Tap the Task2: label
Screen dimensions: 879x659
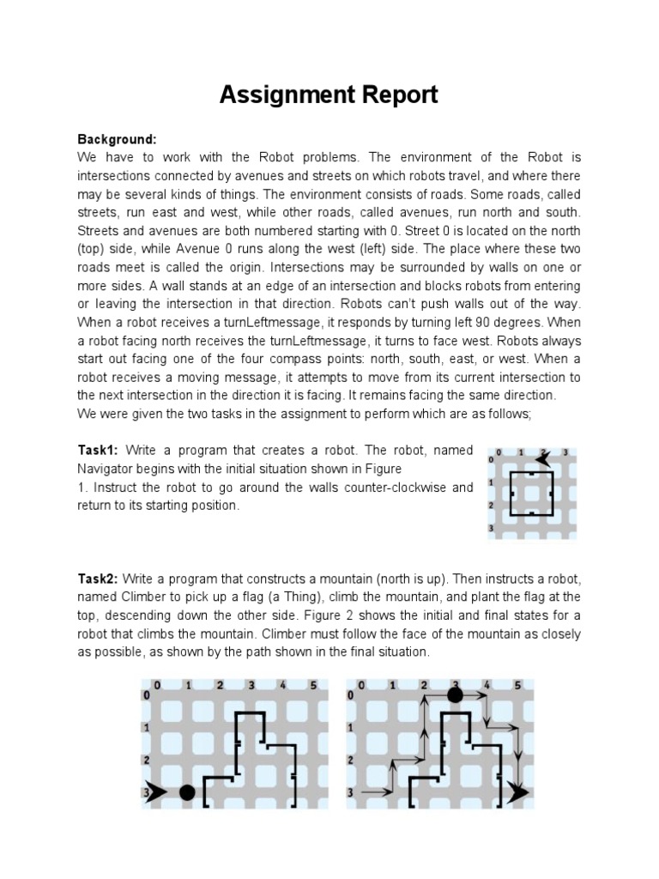pyautogui.click(x=99, y=579)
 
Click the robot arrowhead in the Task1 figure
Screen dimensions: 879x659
pyautogui.click(x=542, y=459)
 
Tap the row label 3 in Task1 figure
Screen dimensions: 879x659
pyautogui.click(x=491, y=527)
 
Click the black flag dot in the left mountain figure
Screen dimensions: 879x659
pyautogui.click(x=187, y=792)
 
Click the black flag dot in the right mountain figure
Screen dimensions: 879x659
pyautogui.click(x=455, y=694)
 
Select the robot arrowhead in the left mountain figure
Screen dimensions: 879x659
pyautogui.click(x=155, y=792)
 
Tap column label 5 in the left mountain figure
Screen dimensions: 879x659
pyautogui.click(x=314, y=685)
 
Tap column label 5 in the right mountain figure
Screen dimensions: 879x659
pyautogui.click(x=517, y=685)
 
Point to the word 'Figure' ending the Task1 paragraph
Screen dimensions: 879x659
pyautogui.click(x=383, y=470)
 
